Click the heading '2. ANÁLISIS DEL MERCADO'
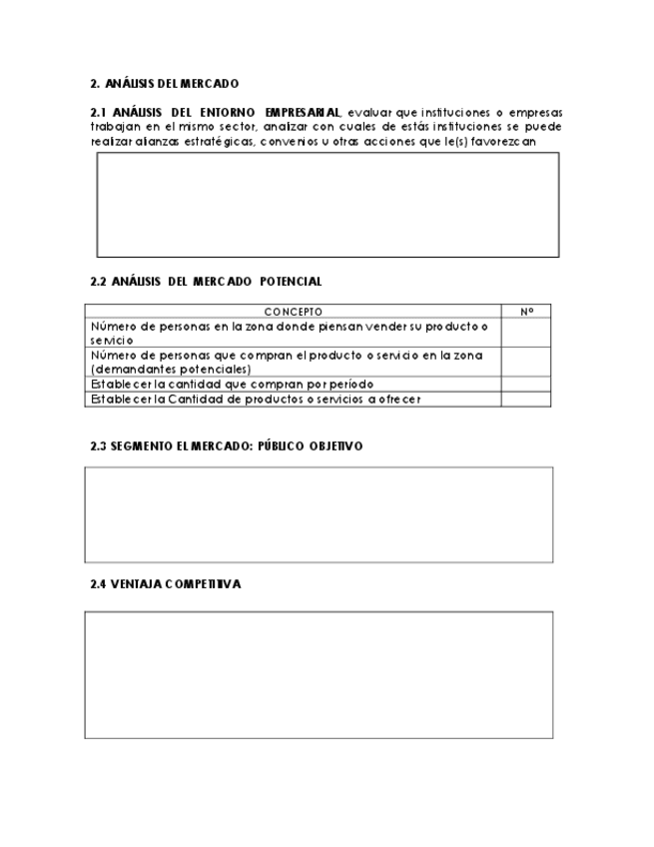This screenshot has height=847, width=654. tap(164, 84)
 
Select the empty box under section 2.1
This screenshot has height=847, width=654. tap(327, 205)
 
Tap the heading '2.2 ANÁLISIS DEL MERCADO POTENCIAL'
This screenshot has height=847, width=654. tap(206, 282)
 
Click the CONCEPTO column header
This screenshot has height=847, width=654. tap(293, 312)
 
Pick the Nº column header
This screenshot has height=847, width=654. tap(526, 312)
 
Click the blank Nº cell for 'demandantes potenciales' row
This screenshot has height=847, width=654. tap(526, 362)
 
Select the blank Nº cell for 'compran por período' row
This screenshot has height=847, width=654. tap(526, 384)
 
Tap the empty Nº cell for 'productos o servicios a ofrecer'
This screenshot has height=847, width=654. tap(526, 400)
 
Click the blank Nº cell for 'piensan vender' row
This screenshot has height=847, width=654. tap(526, 333)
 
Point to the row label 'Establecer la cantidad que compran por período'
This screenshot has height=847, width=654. tap(232, 384)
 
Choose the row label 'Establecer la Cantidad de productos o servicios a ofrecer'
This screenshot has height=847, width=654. tap(256, 400)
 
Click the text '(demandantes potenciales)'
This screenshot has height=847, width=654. tap(171, 369)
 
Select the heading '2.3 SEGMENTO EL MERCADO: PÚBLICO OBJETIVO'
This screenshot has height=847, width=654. tap(227, 446)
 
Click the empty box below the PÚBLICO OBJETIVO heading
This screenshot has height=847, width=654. tap(319, 514)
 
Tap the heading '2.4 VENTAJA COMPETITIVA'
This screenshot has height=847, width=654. tap(166, 584)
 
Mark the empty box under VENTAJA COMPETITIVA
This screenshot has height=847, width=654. tap(319, 675)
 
